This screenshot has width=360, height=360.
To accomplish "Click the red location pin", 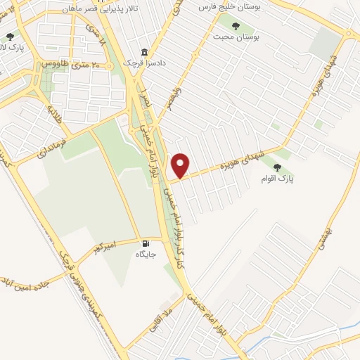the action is [x=181, y=165].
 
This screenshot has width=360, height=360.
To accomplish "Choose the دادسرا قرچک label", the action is [x=145, y=62].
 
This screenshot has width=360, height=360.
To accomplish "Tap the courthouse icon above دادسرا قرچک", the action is [x=145, y=52].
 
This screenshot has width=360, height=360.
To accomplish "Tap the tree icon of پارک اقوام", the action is [x=277, y=167].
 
